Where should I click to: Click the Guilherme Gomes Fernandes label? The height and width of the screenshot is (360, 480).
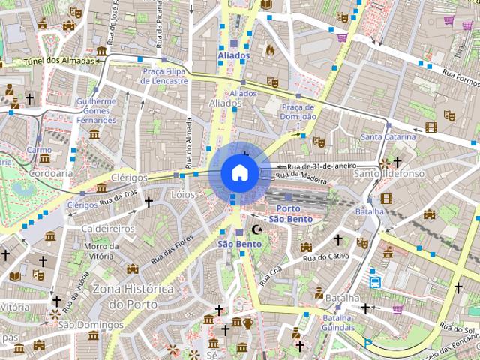[x=97, y=110]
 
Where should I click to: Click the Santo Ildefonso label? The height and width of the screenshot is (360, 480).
[x=389, y=174]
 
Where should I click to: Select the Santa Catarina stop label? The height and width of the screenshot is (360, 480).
[x=388, y=137]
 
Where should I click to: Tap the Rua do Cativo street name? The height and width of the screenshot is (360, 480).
[x=325, y=257]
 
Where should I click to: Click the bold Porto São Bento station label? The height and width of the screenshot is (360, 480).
[x=289, y=214]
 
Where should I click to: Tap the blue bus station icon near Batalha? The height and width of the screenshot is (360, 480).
[x=375, y=283]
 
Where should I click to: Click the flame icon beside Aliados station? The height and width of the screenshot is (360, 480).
[x=269, y=50]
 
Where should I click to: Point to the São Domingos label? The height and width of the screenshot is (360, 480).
[x=90, y=325]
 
